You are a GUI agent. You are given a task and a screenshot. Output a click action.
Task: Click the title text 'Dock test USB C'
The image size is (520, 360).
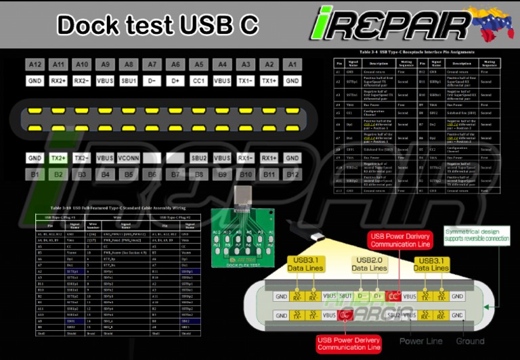(x=157, y=25)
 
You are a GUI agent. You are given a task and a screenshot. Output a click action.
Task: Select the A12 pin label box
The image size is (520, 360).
(x=35, y=64)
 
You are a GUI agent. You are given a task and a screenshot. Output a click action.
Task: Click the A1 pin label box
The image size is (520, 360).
(x=292, y=64)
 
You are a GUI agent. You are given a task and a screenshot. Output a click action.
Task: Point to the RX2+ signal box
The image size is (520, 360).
(x=58, y=81)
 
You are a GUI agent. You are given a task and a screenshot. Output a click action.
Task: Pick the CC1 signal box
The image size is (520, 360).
(x=198, y=81)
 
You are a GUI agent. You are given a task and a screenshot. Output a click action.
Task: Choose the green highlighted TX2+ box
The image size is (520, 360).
(x=58, y=158)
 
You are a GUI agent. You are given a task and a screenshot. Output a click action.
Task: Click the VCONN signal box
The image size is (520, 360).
(x=128, y=158)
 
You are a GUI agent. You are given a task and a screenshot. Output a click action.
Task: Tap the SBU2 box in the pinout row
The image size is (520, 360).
(x=198, y=158)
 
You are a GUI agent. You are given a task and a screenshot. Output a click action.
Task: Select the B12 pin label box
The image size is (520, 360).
(x=292, y=174)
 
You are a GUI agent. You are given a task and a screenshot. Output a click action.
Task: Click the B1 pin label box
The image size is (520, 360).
(x=35, y=174)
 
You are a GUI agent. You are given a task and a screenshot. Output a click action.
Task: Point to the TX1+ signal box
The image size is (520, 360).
(x=269, y=81)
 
